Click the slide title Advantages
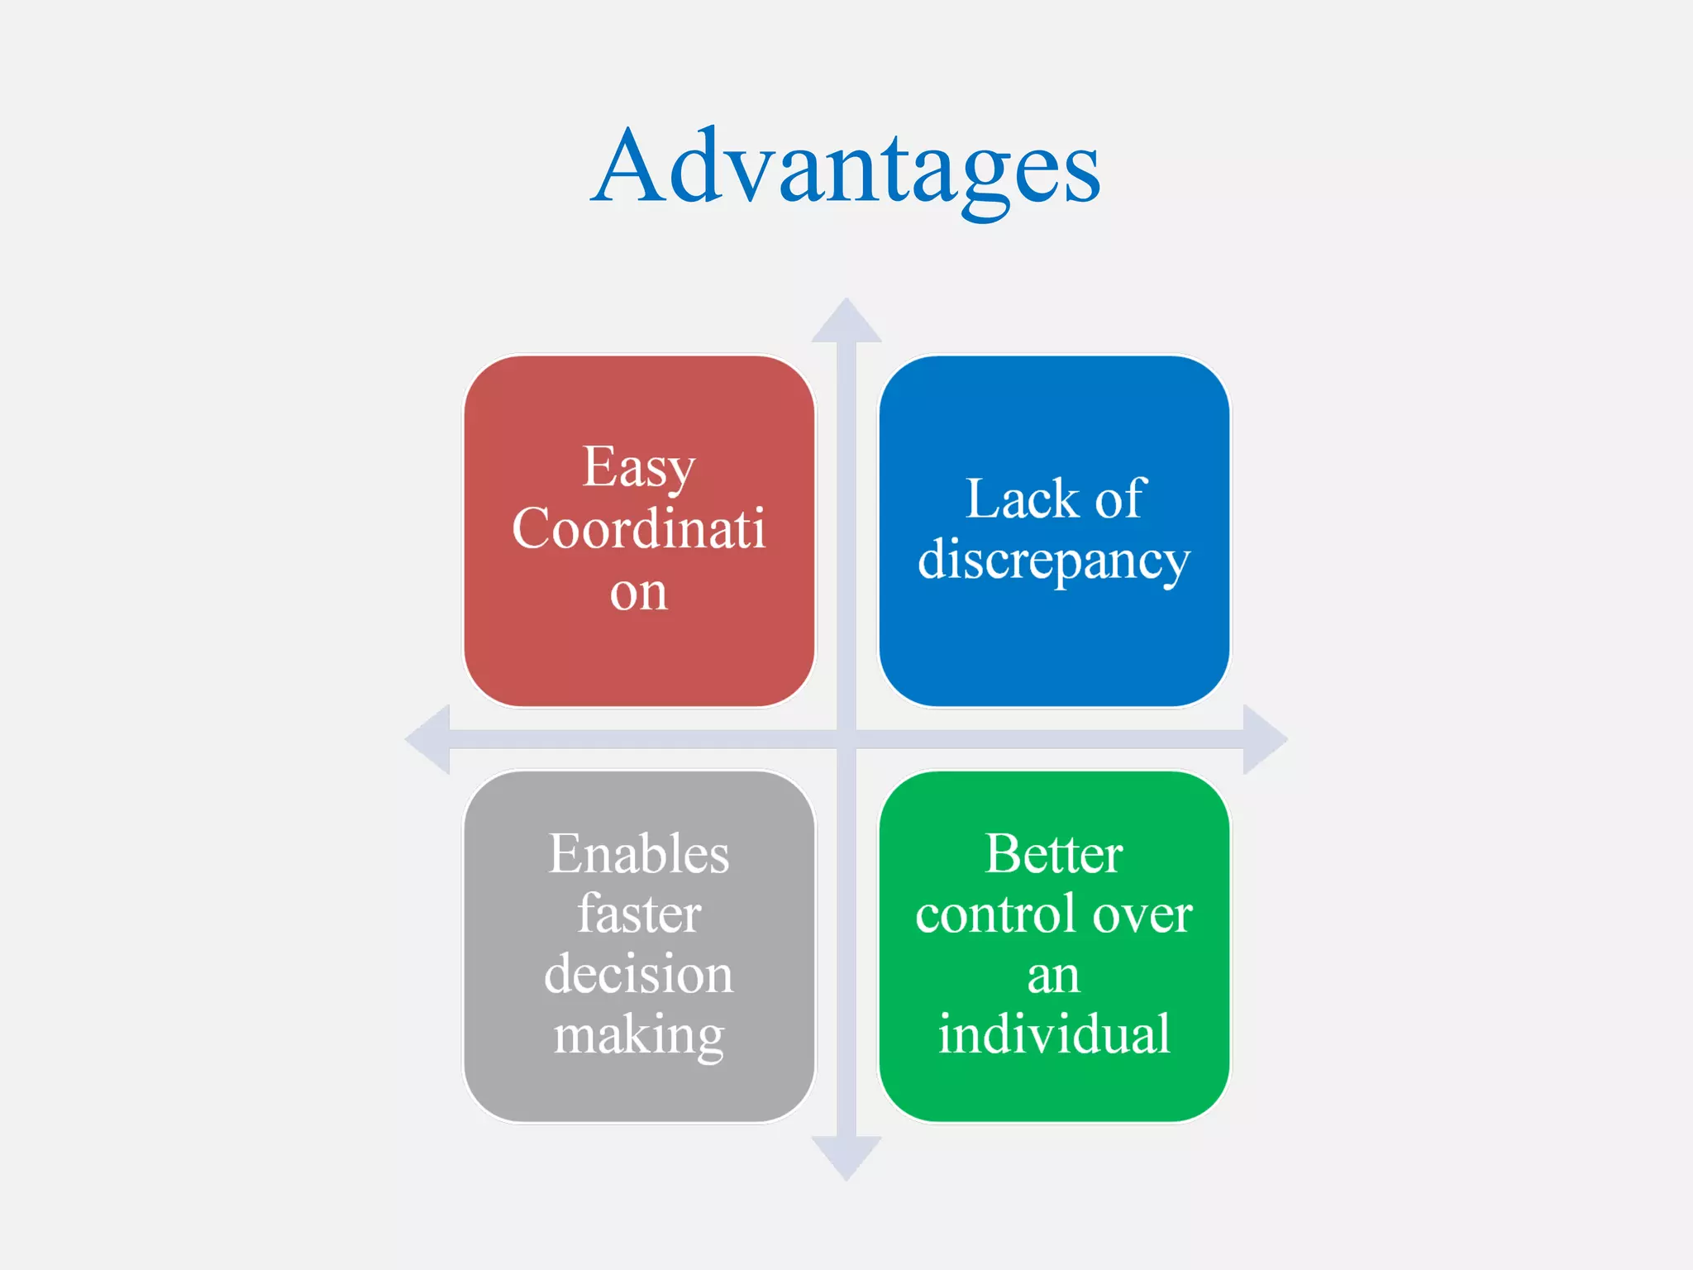coord(846,169)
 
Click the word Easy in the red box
coord(638,468)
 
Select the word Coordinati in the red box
coord(638,529)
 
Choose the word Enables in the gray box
coord(638,854)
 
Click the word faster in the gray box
coord(638,914)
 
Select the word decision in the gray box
coord(638,975)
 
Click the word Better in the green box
coord(1054,854)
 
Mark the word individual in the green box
coord(1054,1034)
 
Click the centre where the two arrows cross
coord(846,739)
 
